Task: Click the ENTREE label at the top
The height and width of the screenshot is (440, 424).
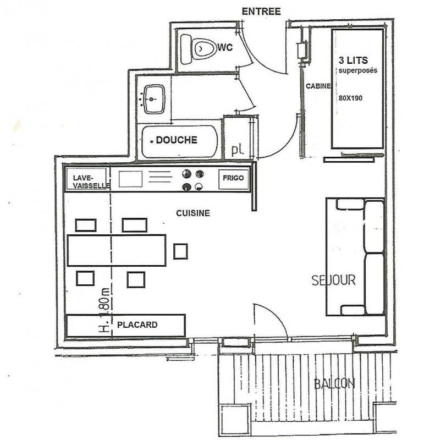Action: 262,11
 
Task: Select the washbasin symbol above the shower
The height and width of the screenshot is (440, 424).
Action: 153,99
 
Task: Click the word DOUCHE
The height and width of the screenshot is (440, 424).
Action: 176,140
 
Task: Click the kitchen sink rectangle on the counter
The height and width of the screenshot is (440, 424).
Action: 130,179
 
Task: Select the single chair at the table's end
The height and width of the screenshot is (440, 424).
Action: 180,251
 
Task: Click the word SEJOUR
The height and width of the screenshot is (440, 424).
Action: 333,280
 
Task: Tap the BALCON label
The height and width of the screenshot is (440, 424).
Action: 334,384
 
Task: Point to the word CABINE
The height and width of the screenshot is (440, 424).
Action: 318,86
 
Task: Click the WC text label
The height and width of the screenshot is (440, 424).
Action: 225,48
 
